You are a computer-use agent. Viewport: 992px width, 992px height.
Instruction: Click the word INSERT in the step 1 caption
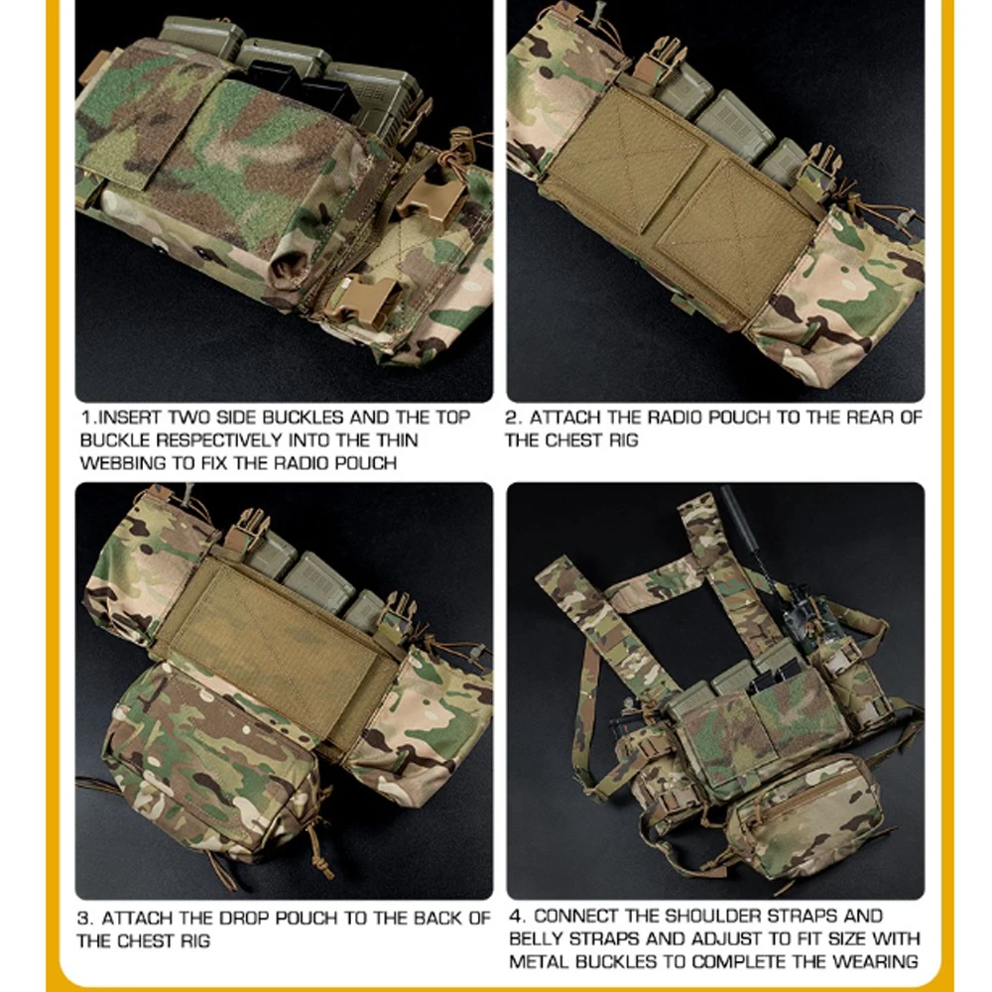coord(132,419)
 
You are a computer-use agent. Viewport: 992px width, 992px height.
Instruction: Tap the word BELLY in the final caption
coord(539,938)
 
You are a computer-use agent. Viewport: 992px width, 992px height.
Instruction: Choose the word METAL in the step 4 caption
coord(539,961)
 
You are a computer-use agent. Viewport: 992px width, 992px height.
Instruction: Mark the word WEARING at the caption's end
coord(876,961)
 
